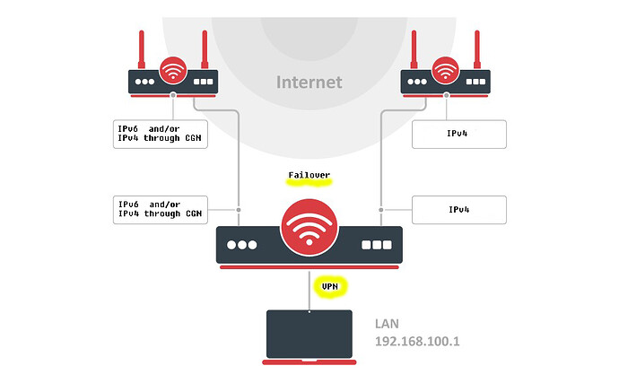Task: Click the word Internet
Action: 309,82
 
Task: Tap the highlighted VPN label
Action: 329,286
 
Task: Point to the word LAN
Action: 390,322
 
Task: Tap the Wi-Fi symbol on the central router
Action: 309,229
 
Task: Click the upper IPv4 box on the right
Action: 459,134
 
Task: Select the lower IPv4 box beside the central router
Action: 459,209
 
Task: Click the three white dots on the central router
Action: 242,245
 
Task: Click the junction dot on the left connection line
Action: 239,209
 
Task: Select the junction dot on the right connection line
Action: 381,209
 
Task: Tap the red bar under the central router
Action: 309,266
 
